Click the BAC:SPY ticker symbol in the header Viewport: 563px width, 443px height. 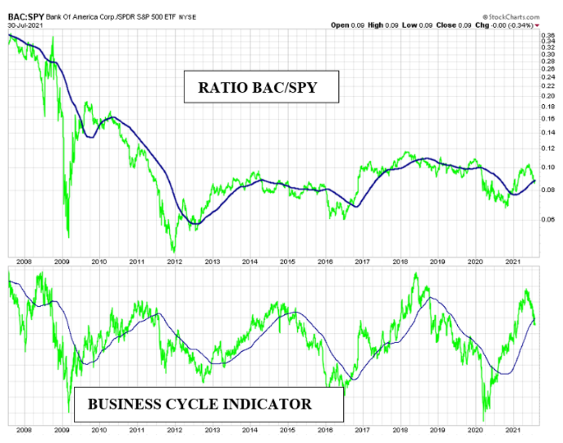pyautogui.click(x=26, y=17)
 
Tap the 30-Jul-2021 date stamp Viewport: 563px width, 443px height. pyautogui.click(x=25, y=25)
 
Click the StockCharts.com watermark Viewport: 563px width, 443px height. pyautogui.click(x=511, y=17)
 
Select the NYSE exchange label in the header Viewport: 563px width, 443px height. pyautogui.click(x=188, y=17)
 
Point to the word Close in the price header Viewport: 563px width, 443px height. pyautogui.click(x=446, y=25)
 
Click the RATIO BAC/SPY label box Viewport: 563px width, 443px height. pyautogui.click(x=261, y=86)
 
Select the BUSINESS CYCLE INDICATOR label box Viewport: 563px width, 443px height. pyautogui.click(x=209, y=404)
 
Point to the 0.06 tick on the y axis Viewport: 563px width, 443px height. pyautogui.click(x=548, y=219)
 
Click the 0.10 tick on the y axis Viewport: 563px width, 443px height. pyautogui.click(x=548, y=167)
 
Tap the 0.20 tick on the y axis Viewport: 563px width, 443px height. pyautogui.click(x=548, y=96)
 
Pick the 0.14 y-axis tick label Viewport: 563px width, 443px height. pyautogui.click(x=548, y=132)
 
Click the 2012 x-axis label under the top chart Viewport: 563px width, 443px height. pyautogui.click(x=175, y=262)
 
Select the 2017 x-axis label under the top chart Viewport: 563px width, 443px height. pyautogui.click(x=362, y=262)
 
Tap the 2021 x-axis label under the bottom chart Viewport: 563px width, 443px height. pyautogui.click(x=513, y=430)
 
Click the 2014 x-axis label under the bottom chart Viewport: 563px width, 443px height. pyautogui.click(x=249, y=430)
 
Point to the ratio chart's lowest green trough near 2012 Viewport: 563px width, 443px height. pyautogui.click(x=174, y=251)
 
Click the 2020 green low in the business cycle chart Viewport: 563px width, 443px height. pyautogui.click(x=484, y=420)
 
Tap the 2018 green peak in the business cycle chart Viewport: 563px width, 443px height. pyautogui.click(x=416, y=274)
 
